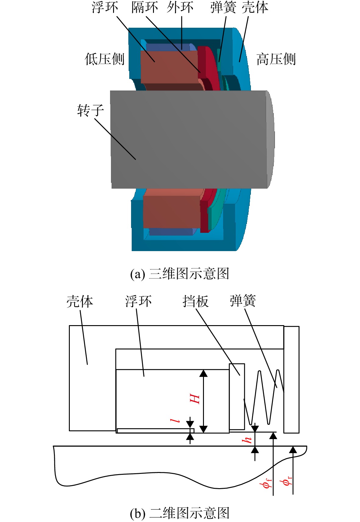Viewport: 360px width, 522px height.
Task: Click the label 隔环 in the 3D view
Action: tap(144, 7)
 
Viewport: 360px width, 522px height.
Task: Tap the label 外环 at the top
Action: tap(180, 7)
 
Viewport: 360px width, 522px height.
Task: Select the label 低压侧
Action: tap(105, 59)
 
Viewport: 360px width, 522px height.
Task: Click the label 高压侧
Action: tap(276, 59)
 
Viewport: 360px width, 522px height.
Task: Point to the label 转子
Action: tap(91, 110)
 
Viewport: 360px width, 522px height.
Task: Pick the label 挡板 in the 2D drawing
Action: tap(195, 301)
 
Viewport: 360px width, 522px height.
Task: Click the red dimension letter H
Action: tap(194, 399)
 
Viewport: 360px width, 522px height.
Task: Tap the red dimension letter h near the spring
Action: tap(247, 440)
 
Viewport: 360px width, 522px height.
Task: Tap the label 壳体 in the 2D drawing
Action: tap(80, 301)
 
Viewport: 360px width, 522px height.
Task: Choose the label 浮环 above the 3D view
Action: tap(105, 7)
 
